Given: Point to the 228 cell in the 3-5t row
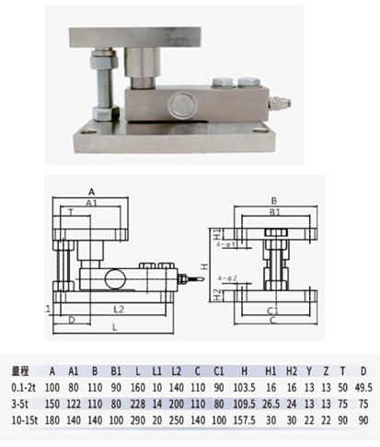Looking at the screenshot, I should click(137, 403).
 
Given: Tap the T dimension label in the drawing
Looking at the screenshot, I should click(70, 210).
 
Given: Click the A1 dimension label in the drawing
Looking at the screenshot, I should click(92, 201).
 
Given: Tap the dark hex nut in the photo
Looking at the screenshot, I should click(98, 66).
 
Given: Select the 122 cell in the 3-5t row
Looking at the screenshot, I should click(75, 403).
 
